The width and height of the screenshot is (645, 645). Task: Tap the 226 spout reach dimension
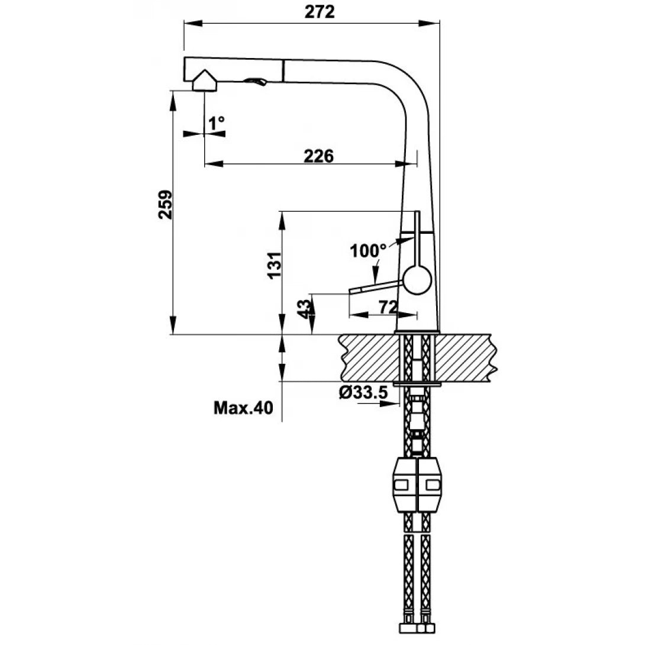[x=319, y=156]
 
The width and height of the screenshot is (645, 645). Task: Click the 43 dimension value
[x=304, y=309]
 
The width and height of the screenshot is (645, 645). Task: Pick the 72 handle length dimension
[x=387, y=307]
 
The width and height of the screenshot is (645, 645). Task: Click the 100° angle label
[x=367, y=251]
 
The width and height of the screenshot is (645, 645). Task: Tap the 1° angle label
[x=216, y=122]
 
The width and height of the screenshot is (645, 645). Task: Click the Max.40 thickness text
[x=243, y=408]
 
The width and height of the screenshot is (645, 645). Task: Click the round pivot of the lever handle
[x=417, y=279]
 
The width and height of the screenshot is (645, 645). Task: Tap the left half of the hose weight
[x=405, y=485]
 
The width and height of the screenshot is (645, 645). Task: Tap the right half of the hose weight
[x=431, y=485]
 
